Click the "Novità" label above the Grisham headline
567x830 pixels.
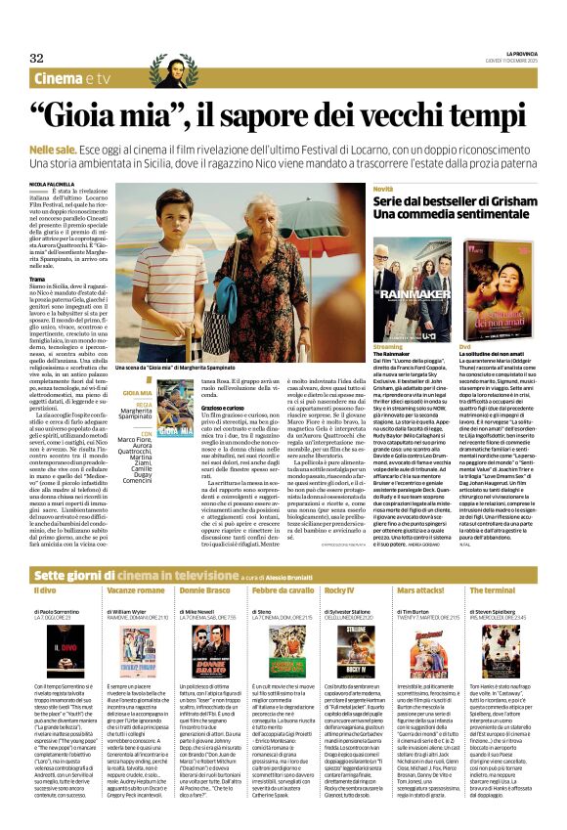(x=383, y=188)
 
